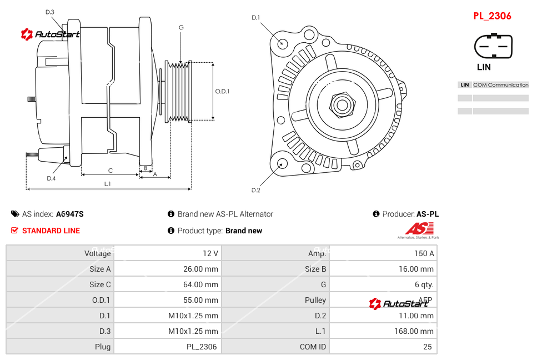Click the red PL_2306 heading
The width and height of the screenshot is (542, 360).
point(492,16)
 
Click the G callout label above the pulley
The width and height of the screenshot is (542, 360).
point(181,27)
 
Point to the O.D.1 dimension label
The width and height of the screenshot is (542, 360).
point(222,91)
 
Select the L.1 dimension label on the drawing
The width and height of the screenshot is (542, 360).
point(107,183)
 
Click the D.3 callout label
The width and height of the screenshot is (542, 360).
point(50,12)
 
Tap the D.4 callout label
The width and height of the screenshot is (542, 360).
point(51,178)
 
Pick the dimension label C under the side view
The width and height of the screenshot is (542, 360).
point(110,171)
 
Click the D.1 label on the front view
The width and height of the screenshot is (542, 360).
point(255,18)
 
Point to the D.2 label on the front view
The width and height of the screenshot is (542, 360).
point(255,191)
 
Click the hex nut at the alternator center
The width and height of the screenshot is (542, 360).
point(342,104)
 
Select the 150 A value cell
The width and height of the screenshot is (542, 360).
point(424,253)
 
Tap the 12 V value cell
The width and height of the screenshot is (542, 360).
point(210,253)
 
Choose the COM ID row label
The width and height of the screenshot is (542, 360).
point(313,347)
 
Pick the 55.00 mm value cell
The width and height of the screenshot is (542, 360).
point(203,300)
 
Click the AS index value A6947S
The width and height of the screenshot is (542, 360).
point(69,214)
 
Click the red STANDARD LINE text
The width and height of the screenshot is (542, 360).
point(51,231)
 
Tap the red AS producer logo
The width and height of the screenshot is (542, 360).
point(419,229)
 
